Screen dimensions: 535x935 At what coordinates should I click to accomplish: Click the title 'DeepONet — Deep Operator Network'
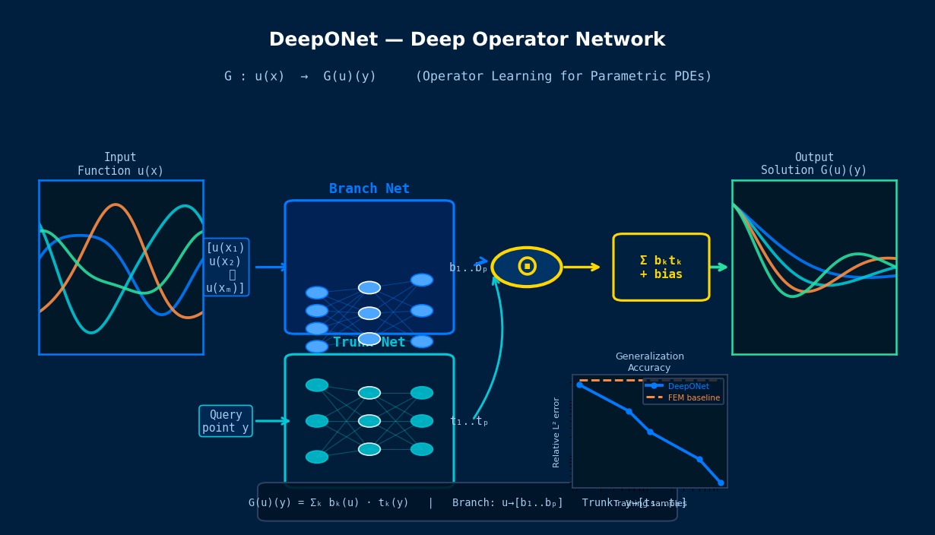(x=467, y=40)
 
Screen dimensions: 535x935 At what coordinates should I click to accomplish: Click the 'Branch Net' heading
(x=369, y=189)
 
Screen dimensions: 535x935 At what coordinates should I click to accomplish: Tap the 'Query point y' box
(x=226, y=421)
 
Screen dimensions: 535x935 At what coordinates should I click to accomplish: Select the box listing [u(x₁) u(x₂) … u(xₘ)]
(x=226, y=267)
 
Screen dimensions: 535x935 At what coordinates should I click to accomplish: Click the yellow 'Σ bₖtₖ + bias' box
(x=661, y=267)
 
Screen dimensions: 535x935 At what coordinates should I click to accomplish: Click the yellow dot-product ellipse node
(x=527, y=267)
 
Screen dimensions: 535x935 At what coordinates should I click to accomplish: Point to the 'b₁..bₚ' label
(x=467, y=268)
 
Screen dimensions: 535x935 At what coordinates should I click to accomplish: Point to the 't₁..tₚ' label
(x=468, y=422)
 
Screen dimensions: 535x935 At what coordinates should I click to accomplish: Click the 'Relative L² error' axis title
(x=556, y=432)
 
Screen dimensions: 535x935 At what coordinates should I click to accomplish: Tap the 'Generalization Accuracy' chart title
(x=649, y=362)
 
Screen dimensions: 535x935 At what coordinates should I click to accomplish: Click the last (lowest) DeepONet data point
(x=721, y=483)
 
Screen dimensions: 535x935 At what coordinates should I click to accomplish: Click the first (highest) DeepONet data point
(x=579, y=385)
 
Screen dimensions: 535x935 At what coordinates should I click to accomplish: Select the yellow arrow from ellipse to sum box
(x=582, y=267)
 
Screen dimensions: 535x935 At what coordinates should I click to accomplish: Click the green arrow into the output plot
(x=718, y=267)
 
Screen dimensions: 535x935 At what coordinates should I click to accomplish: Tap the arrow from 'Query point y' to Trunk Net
(x=271, y=421)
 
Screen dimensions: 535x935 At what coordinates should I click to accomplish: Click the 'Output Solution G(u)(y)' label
(x=813, y=164)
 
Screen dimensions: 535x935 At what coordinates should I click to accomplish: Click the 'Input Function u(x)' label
(x=120, y=164)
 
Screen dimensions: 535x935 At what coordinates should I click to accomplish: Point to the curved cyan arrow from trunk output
(x=499, y=342)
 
